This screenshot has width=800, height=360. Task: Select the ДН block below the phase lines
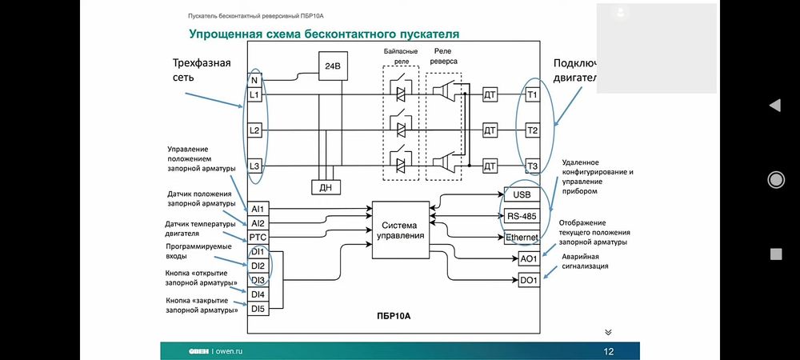326,186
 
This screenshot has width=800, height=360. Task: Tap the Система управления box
399,230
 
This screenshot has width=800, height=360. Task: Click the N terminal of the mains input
254,80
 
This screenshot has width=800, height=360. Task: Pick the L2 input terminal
254,130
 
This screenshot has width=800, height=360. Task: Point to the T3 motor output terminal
533,166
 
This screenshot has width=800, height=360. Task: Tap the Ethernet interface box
521,238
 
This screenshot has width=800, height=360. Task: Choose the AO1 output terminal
529,259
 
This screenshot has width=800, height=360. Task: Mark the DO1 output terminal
529,281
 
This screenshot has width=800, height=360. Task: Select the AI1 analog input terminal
258,209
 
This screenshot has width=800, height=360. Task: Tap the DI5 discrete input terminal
258,309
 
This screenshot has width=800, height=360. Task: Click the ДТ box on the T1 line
490,94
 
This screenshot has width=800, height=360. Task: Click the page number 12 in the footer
608,351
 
